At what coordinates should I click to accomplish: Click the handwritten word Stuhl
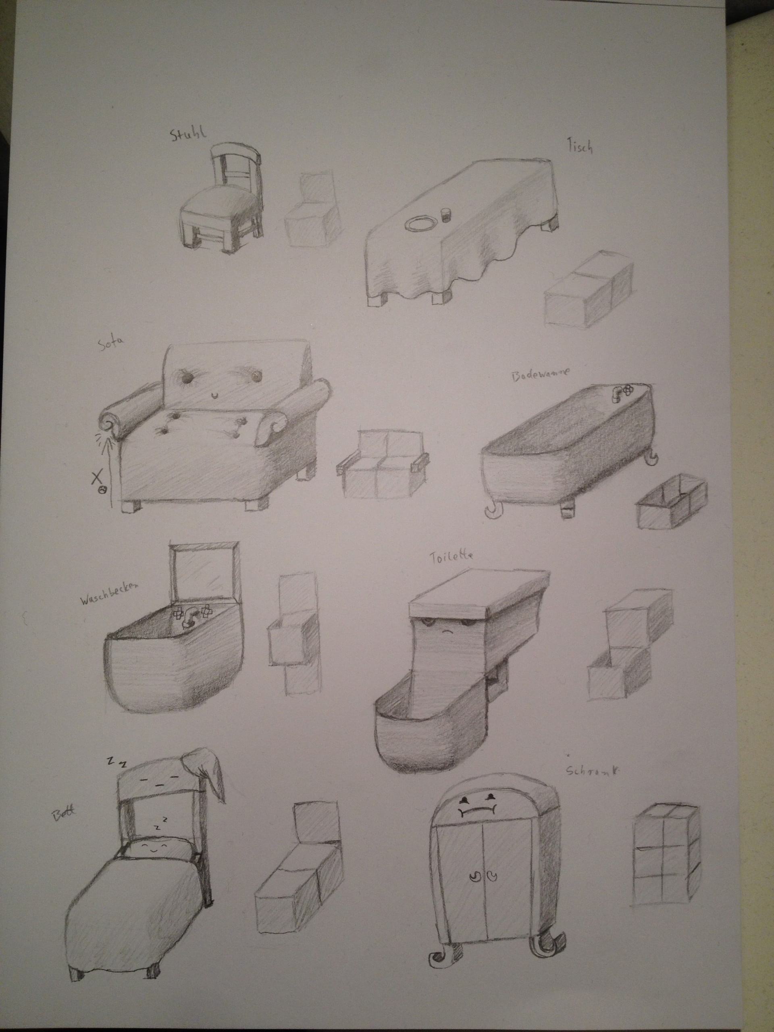[x=187, y=135]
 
